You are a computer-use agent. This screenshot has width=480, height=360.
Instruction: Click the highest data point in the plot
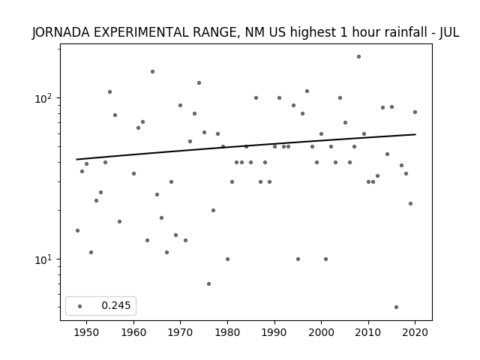(358, 57)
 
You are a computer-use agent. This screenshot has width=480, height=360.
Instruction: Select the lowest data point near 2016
(397, 307)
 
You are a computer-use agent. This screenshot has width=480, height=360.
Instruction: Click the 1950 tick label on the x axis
(87, 332)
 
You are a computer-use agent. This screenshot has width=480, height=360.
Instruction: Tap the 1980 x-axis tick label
(227, 332)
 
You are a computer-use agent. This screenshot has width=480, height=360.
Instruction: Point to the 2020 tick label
(415, 332)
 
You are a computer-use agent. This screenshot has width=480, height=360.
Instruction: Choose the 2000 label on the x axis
(322, 332)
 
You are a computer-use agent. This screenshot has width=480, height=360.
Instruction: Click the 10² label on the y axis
(44, 98)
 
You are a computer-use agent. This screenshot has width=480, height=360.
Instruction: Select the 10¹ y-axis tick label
(44, 259)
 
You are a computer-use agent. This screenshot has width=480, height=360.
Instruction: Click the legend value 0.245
(116, 305)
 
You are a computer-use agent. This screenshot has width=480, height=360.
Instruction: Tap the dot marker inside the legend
(80, 306)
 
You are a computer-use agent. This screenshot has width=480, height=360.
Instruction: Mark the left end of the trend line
(76, 159)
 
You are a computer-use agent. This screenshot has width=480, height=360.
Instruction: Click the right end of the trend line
(415, 134)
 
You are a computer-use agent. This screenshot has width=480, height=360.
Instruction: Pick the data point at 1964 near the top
(152, 72)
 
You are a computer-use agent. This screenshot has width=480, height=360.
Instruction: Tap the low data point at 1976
(208, 283)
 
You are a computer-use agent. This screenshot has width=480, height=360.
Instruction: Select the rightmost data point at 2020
(415, 112)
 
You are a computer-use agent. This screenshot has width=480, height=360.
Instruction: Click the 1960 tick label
(133, 332)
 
